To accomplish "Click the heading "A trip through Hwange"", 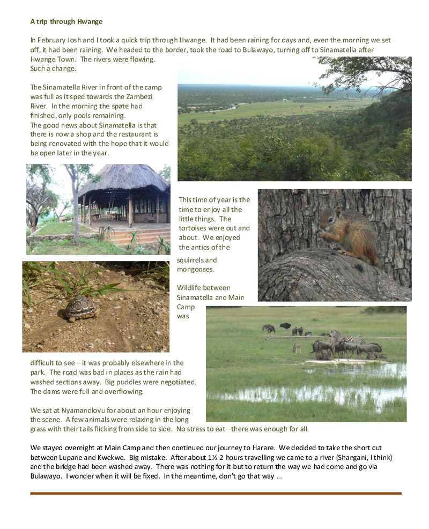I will point(66,21).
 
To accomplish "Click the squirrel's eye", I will point(333,217).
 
